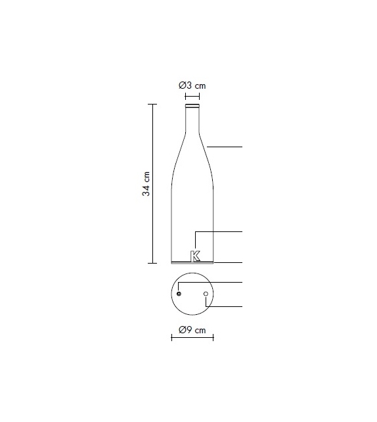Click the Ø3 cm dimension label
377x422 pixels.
click(x=192, y=86)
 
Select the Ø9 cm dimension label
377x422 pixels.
click(x=192, y=329)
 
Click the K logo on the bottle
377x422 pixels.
click(x=195, y=255)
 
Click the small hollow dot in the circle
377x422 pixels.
click(x=206, y=294)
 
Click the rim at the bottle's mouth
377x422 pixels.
click(x=192, y=105)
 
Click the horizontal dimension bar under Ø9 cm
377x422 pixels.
click(x=192, y=338)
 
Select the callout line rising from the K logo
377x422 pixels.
click(x=220, y=232)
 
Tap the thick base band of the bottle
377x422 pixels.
click(x=192, y=262)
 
